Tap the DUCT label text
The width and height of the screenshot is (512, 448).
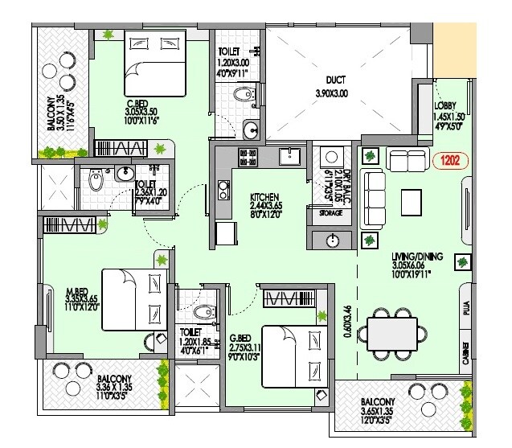coord(337,80)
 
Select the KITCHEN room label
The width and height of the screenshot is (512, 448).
coord(264,197)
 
